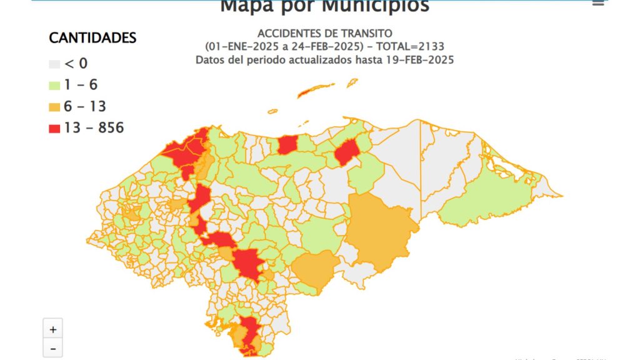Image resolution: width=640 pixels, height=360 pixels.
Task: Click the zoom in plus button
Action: click(x=52, y=329)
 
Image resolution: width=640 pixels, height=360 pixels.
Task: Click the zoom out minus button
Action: click(x=52, y=348)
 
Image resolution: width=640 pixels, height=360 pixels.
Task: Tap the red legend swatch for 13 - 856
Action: click(x=54, y=129)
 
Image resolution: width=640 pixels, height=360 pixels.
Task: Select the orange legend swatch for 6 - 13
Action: click(x=54, y=107)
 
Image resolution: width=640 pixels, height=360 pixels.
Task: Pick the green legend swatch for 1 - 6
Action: click(x=54, y=86)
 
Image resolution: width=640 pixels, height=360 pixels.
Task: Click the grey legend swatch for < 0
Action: click(x=54, y=64)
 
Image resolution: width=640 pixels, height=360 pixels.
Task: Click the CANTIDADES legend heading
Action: click(x=92, y=38)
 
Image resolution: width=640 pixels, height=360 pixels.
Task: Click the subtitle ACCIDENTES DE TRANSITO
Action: click(x=324, y=33)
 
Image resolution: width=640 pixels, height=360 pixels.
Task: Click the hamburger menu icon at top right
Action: click(x=598, y=3)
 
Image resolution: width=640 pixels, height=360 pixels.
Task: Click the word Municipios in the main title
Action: click(x=374, y=6)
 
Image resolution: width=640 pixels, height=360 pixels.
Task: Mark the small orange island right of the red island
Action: click(x=352, y=82)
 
